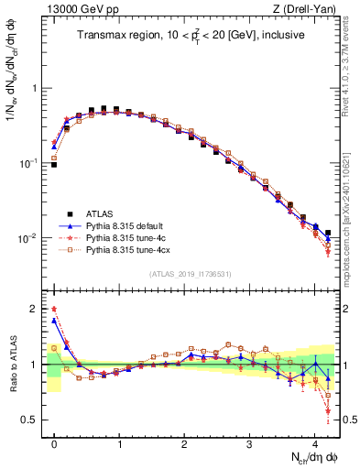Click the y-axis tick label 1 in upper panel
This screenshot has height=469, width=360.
[35, 89]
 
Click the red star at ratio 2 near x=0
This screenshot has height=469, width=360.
[54, 310]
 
